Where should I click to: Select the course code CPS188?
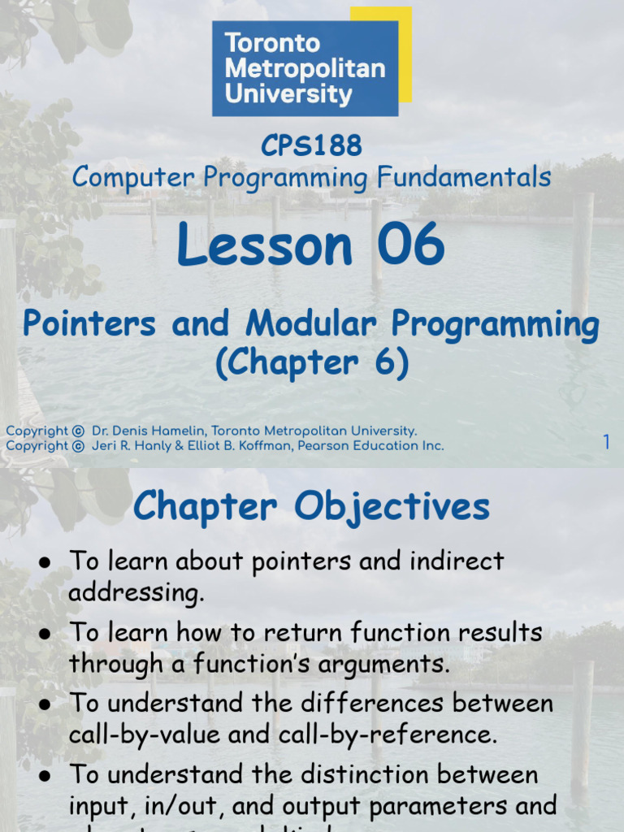(x=311, y=146)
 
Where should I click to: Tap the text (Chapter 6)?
(x=311, y=363)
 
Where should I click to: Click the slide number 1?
(x=606, y=442)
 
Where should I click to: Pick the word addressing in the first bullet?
(x=136, y=593)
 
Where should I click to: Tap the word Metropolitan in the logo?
(x=305, y=68)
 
